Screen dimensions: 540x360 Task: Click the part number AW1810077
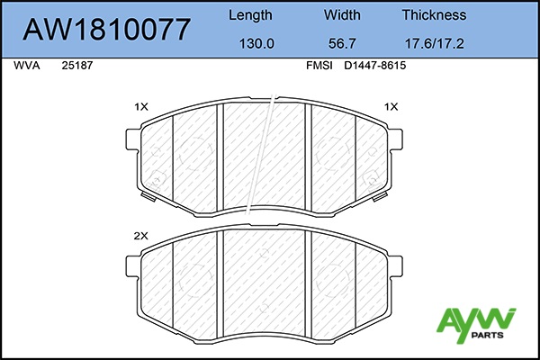point(106,30)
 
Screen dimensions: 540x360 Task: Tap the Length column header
point(250,15)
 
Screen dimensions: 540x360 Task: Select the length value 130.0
point(256,44)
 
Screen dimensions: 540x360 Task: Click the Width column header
point(342,14)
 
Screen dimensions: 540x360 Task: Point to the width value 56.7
point(342,44)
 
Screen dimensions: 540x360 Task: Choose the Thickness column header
point(434,14)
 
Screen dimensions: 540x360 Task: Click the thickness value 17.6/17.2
point(434,44)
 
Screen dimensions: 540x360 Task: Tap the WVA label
point(26,66)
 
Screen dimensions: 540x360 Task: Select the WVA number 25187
point(77,66)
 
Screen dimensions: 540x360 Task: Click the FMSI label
point(319,66)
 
